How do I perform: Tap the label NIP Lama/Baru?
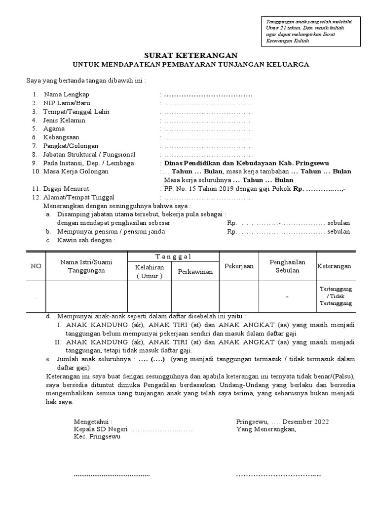(x=67, y=103)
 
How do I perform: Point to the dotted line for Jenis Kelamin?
(x=208, y=120)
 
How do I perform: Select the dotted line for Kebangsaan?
(x=208, y=137)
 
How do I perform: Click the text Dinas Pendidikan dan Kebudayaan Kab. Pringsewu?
(x=247, y=163)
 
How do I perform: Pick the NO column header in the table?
(x=36, y=266)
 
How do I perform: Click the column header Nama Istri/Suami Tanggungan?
(x=86, y=266)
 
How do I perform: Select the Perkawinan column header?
(x=195, y=271)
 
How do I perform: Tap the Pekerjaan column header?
(x=239, y=266)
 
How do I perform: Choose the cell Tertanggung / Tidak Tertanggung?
(x=335, y=295)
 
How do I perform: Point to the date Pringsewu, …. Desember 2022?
(x=282, y=422)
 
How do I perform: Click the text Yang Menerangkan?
(x=266, y=429)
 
